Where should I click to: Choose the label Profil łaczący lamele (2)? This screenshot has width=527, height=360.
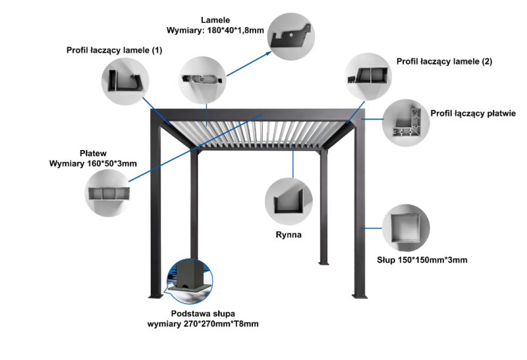(x=444, y=61)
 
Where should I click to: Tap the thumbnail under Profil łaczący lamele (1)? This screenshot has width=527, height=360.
(x=125, y=80)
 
